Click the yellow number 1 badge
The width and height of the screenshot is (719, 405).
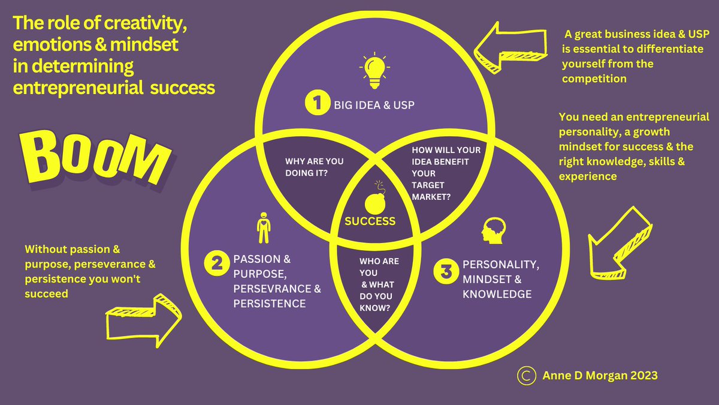coord(314,104)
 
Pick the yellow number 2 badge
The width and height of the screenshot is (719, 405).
coord(214,262)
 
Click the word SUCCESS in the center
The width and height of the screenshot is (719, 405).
coord(370,221)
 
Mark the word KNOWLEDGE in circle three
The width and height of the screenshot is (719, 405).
coord(497,294)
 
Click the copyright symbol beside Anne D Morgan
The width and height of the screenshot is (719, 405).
coord(525,375)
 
